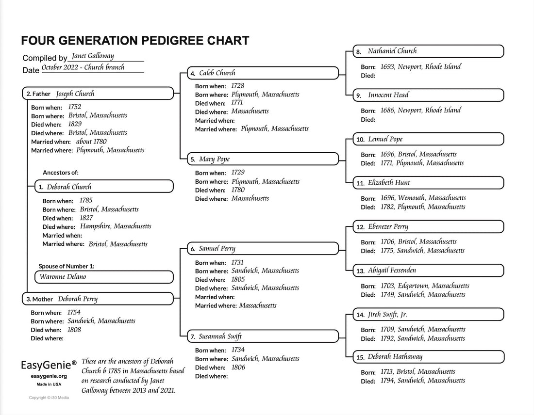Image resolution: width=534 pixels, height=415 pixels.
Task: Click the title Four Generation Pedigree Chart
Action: point(135,41)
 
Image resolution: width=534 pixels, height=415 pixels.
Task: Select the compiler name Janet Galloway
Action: point(93,56)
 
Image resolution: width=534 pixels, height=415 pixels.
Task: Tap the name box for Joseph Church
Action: point(98,94)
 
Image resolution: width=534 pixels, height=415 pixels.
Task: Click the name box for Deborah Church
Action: point(104,187)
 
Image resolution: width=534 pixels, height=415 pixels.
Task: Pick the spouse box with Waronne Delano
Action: point(104,277)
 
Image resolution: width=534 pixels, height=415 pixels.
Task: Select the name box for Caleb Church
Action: point(263,73)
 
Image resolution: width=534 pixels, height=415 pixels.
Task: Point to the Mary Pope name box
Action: point(263,159)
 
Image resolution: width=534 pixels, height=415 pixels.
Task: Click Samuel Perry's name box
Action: point(263,249)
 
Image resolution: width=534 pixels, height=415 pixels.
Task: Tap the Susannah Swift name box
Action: point(263,336)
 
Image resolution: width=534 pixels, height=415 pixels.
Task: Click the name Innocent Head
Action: point(388,95)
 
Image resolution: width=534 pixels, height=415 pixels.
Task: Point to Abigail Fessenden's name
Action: point(392,271)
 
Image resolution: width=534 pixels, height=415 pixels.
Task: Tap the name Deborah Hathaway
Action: point(395,357)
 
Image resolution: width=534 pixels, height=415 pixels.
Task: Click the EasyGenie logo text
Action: point(49,365)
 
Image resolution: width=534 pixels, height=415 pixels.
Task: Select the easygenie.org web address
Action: point(49,376)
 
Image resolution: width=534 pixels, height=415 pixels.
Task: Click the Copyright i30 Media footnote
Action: point(49,398)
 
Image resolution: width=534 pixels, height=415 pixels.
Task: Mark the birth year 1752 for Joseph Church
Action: point(74,107)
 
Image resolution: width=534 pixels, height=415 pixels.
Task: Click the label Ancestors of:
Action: point(61,173)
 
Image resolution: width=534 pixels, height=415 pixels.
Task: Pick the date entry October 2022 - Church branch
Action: point(83,68)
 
